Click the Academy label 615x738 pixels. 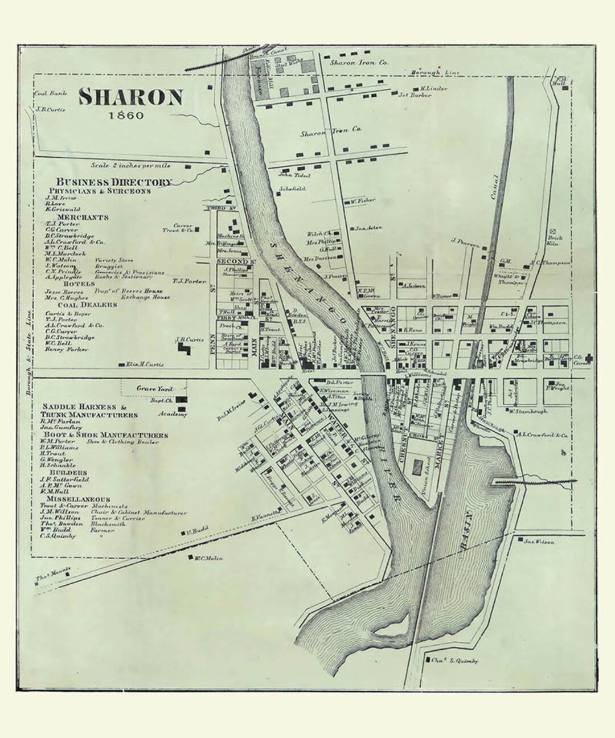click(175, 415)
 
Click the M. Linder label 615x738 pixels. click(434, 89)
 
